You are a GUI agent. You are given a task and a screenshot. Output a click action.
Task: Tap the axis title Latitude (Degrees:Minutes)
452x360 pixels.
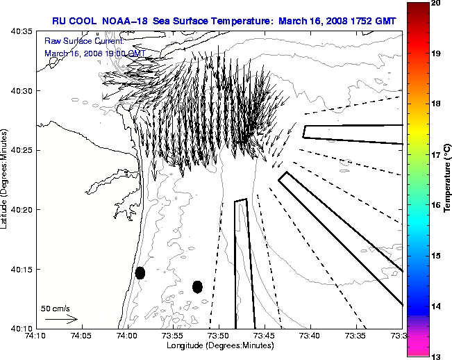(6, 180)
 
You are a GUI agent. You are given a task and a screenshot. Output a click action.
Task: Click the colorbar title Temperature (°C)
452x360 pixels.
(448, 180)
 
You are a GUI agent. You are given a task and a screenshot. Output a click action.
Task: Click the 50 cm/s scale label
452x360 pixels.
(56, 308)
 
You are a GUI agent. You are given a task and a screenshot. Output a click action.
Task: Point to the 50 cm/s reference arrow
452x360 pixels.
(60, 319)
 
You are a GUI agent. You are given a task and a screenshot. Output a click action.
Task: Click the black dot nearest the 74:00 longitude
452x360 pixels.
(140, 273)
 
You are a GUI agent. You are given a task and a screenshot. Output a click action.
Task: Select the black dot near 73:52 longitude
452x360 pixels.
(197, 286)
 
